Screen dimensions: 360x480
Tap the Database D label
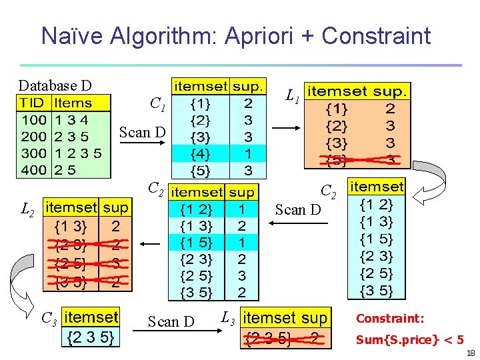(x=55, y=85)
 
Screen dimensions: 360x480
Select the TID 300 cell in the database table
(x=33, y=153)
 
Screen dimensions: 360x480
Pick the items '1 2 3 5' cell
(x=78, y=153)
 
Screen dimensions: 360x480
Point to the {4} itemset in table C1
(x=199, y=153)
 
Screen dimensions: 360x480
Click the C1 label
(x=157, y=104)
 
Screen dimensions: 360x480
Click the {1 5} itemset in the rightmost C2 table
(x=376, y=239)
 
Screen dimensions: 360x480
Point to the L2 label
(x=27, y=211)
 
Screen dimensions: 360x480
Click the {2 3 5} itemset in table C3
(x=91, y=338)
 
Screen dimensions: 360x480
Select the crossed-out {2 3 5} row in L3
(x=285, y=338)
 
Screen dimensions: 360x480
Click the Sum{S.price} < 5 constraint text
(x=410, y=340)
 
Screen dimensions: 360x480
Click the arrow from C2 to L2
(x=150, y=244)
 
